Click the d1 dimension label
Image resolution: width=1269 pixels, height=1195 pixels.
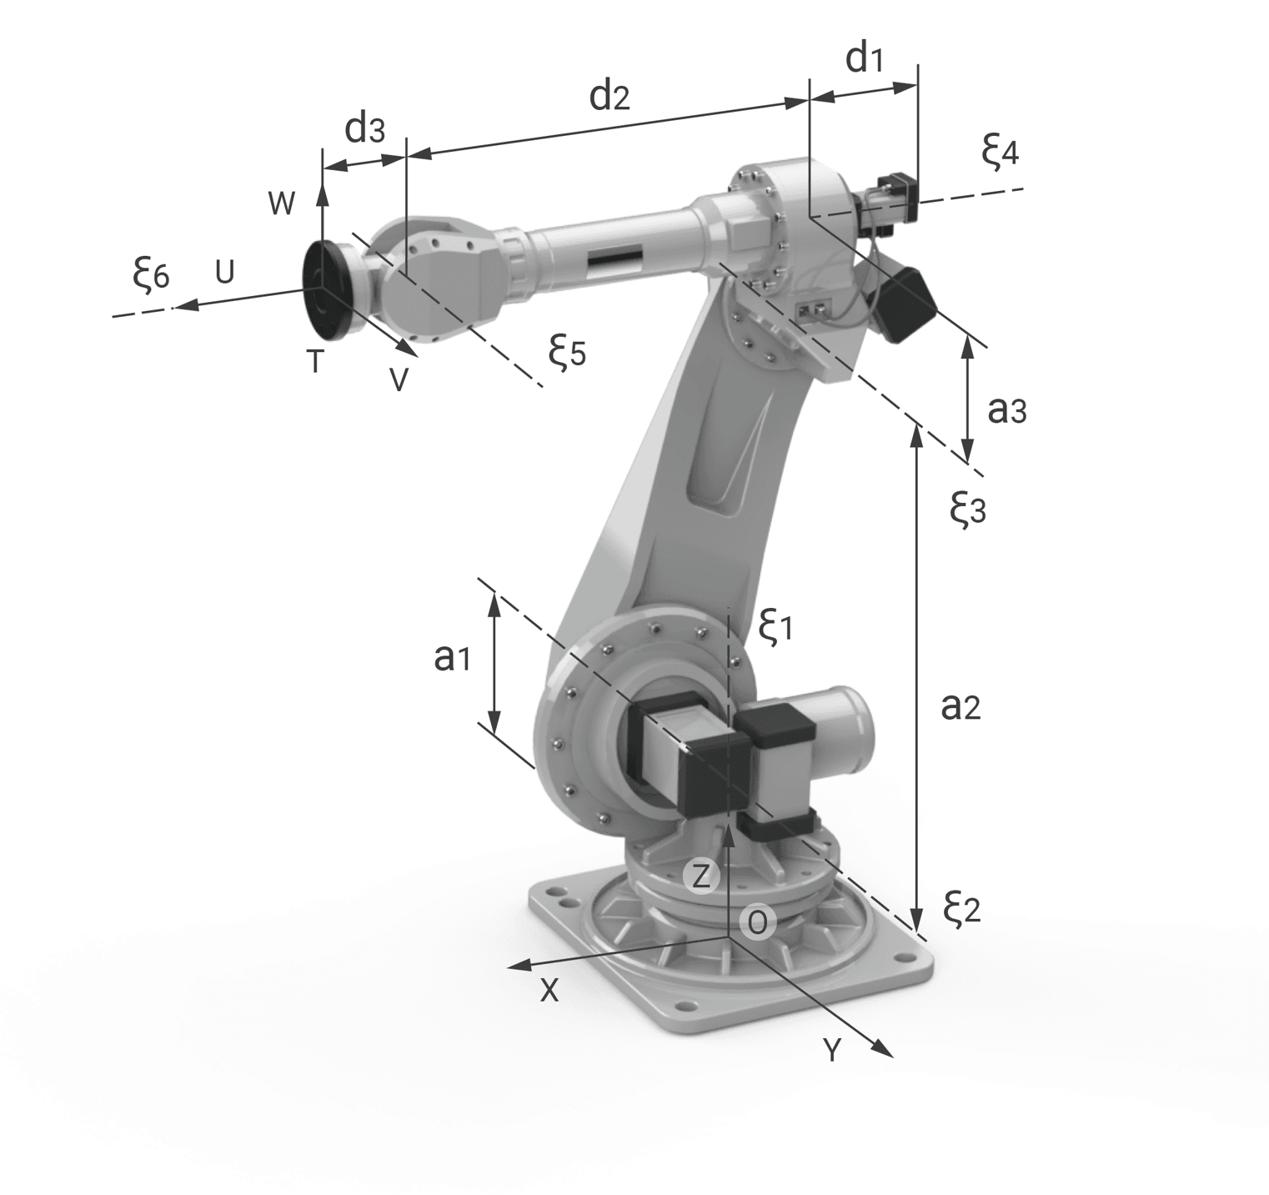pos(864,59)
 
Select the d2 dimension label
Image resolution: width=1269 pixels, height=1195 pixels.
pos(609,97)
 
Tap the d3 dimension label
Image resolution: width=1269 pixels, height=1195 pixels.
pos(365,129)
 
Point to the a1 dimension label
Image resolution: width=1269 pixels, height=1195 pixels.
pos(453,658)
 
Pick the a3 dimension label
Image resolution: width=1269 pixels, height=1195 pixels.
pos(1006,409)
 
